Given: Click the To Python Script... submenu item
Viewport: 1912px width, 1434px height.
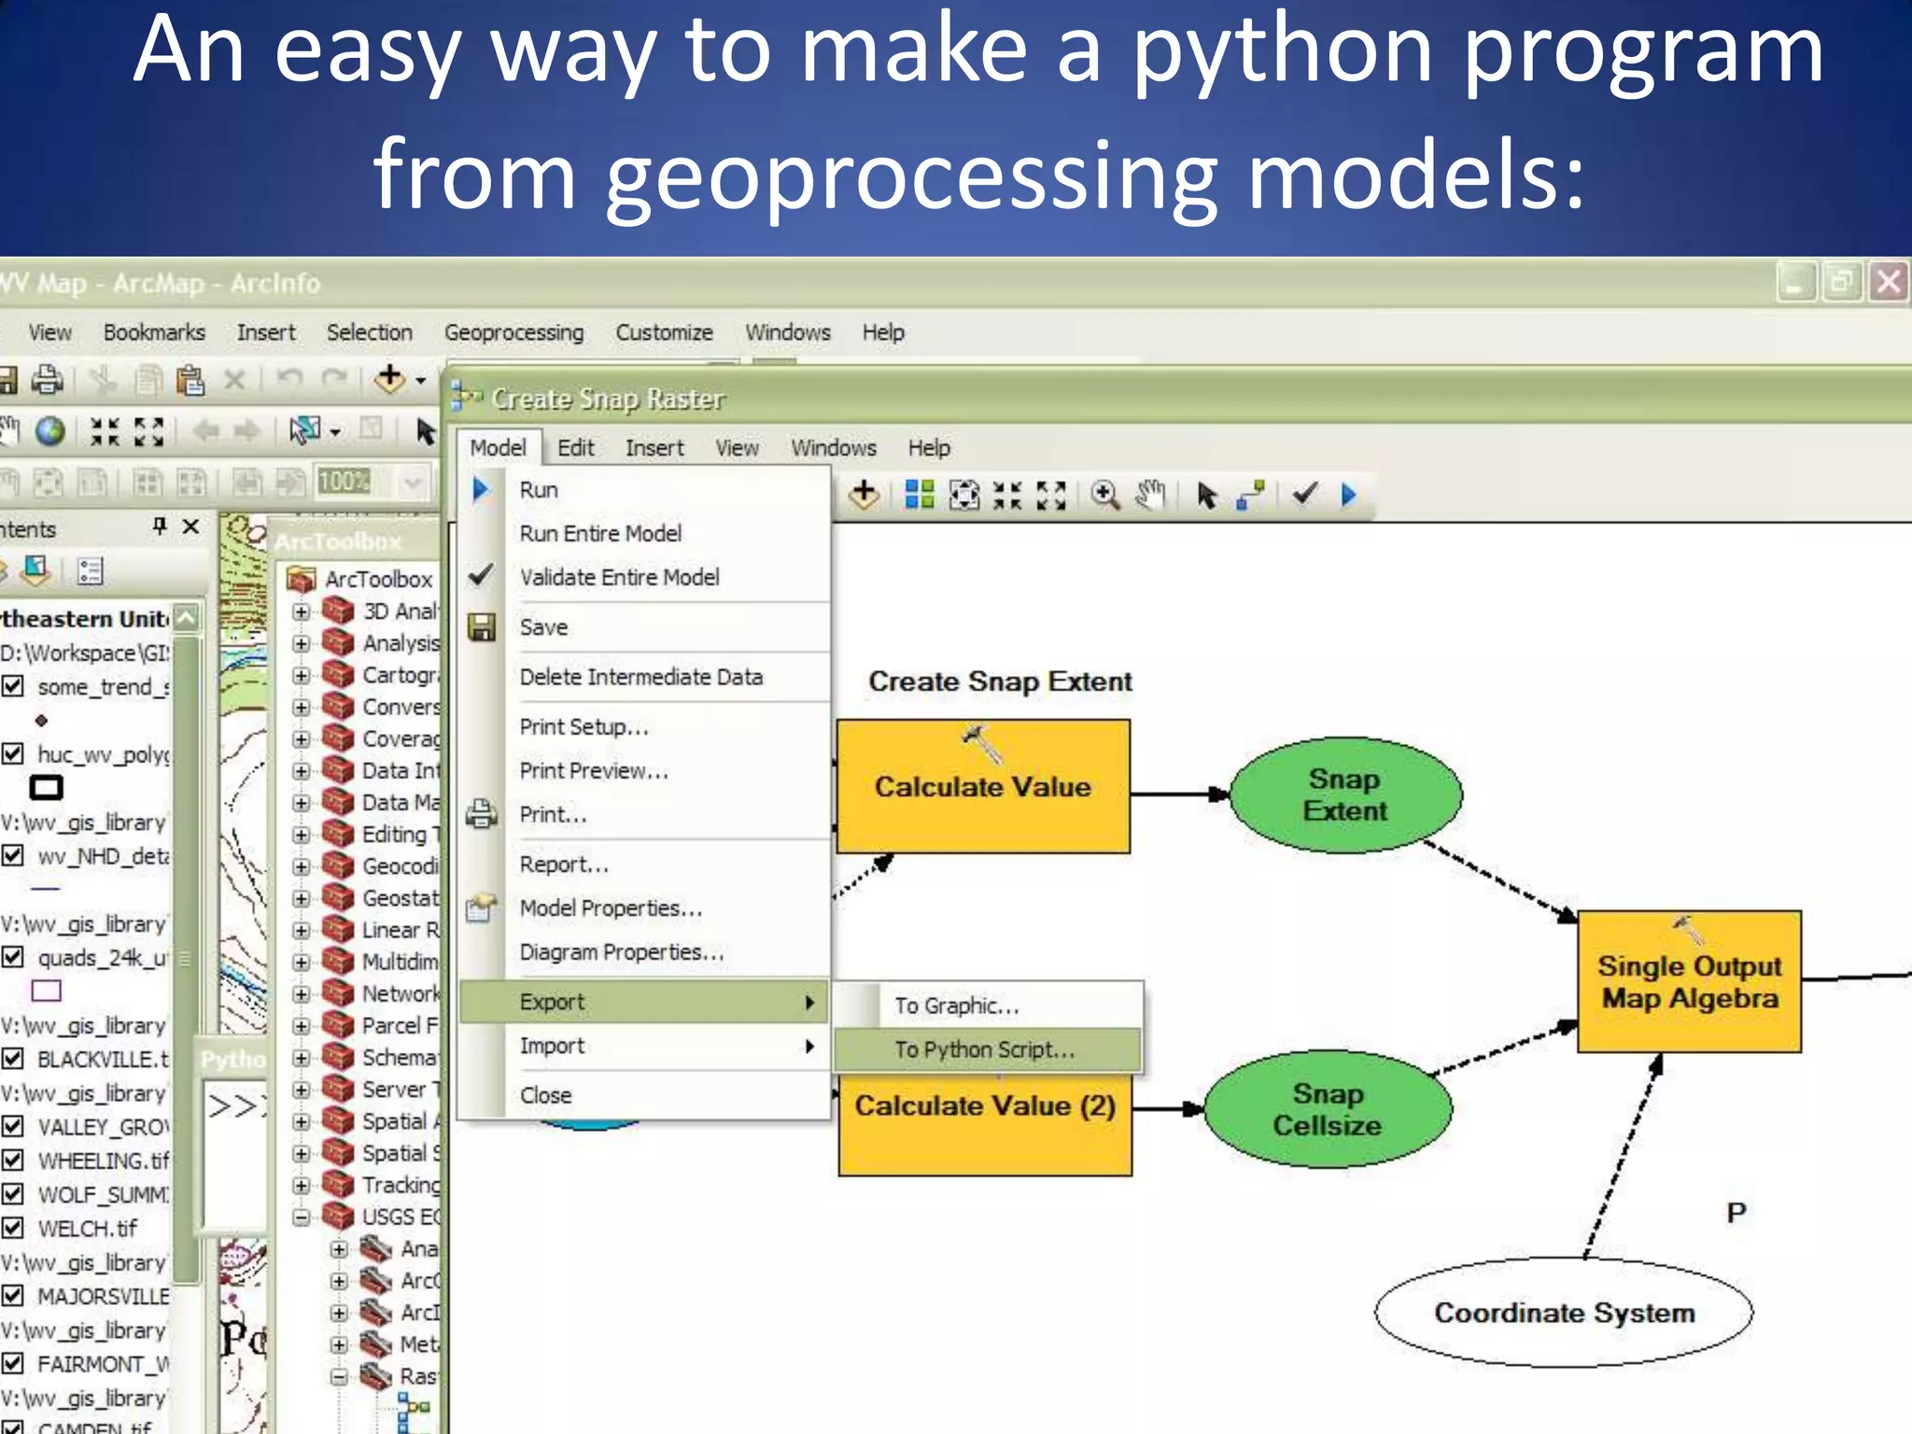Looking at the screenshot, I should [984, 1049].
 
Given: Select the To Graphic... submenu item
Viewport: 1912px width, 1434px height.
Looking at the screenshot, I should [956, 1005].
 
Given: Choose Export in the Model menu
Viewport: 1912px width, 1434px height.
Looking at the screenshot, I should [552, 1002].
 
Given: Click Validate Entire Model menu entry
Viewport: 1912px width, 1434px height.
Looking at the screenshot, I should [619, 577].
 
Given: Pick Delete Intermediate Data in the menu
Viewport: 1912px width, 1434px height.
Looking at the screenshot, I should [640, 677].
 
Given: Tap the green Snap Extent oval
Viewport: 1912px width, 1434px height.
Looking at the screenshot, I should [1344, 794].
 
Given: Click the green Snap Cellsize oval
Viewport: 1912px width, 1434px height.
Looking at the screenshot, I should [1327, 1109].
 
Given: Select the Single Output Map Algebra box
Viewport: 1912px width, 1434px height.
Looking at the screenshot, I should [1688, 982].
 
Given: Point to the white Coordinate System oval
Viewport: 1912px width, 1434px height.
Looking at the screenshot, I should [1563, 1313].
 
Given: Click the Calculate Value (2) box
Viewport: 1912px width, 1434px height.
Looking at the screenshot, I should [984, 1130].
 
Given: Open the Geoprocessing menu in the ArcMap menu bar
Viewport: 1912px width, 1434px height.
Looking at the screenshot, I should [513, 332].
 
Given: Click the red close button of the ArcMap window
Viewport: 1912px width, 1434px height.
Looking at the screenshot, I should [1888, 282].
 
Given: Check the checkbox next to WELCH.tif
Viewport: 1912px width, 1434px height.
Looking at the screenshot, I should [13, 1228].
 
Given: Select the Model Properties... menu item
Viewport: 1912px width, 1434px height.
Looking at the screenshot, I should [610, 907].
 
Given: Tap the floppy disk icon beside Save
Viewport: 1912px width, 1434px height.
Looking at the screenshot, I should [482, 627].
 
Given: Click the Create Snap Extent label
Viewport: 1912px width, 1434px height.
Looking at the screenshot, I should [999, 682].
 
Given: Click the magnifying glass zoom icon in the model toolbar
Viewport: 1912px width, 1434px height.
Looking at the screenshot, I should [1105, 495].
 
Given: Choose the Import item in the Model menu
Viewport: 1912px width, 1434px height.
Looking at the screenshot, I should [552, 1046].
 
